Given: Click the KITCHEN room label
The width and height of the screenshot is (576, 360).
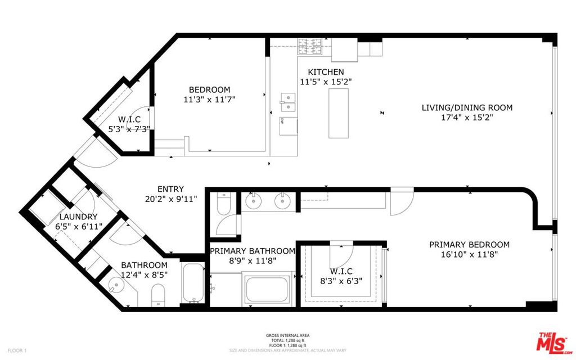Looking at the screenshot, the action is [x=326, y=72].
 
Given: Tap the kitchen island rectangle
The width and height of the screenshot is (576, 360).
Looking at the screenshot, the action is [x=338, y=113].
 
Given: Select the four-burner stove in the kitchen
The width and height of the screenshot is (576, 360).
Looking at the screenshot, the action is [x=309, y=47].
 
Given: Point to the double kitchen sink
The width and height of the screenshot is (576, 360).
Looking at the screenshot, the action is [x=289, y=102].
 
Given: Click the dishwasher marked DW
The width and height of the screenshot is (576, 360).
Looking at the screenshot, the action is [x=289, y=126].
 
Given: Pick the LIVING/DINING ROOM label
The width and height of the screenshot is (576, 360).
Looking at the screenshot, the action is [x=467, y=107].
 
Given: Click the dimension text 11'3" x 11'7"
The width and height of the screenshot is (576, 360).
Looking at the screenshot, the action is [x=209, y=99].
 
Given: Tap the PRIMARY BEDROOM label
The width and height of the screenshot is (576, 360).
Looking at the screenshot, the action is [x=469, y=244].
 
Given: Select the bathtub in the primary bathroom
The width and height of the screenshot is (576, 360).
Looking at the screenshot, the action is [x=267, y=289].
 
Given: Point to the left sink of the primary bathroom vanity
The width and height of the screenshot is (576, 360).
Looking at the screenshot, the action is [x=253, y=201].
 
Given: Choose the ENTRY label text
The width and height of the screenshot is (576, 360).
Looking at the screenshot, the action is [x=170, y=189].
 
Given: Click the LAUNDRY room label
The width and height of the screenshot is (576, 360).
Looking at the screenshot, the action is [x=78, y=217].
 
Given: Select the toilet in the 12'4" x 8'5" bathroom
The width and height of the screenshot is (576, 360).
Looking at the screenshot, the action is [x=158, y=295].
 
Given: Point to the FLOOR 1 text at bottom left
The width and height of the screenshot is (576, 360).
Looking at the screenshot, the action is [x=17, y=350].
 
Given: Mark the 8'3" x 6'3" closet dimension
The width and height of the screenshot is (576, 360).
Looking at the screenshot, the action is [x=341, y=281].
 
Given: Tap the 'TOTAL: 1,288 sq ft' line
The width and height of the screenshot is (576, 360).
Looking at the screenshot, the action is [x=287, y=340].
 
